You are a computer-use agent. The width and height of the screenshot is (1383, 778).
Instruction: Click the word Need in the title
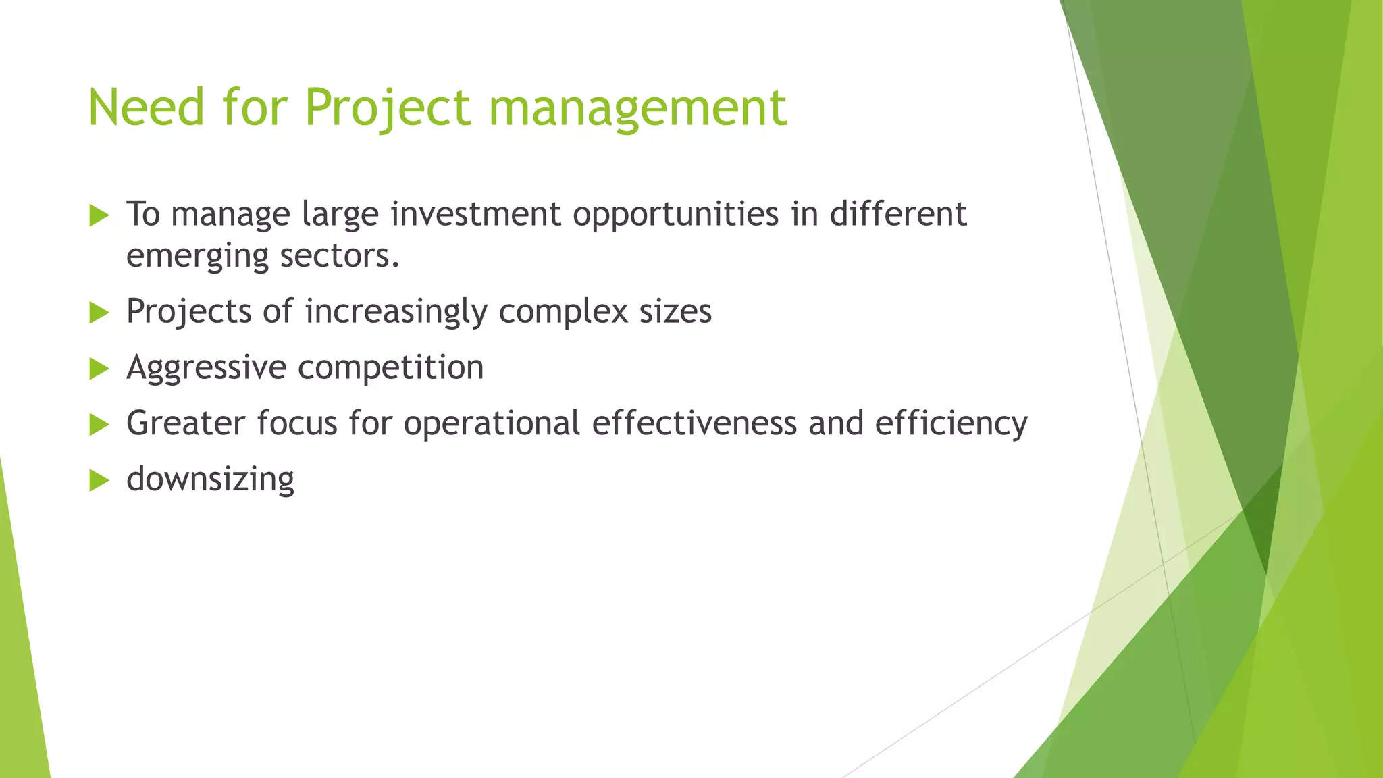(x=146, y=107)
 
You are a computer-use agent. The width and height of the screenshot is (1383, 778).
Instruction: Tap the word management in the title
(x=637, y=107)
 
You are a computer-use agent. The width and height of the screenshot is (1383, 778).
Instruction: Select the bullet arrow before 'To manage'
(x=99, y=216)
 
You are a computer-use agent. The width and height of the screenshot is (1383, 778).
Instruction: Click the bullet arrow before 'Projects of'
(x=99, y=313)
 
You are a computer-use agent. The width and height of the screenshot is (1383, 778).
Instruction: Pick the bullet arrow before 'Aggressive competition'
(x=99, y=369)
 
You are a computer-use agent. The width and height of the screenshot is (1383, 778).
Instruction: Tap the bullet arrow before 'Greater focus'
(x=99, y=425)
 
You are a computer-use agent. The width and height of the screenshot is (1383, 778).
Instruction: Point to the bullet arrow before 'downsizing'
(x=99, y=481)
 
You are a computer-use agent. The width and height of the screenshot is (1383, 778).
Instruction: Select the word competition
(x=390, y=368)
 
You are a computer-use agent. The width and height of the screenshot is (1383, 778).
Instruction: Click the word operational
(x=492, y=423)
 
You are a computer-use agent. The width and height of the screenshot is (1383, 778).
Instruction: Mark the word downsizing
(x=210, y=479)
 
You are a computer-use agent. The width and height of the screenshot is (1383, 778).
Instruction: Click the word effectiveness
(x=694, y=423)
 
